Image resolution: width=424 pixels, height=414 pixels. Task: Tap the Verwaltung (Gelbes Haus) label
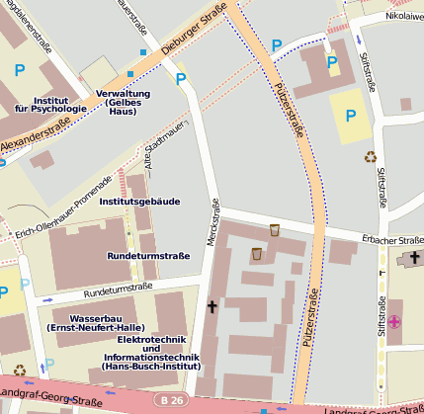point(129,102)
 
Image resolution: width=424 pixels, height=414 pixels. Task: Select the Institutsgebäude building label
point(139,201)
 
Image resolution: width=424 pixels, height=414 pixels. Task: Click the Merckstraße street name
point(212,221)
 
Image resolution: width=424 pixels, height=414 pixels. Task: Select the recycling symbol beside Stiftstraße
point(371,155)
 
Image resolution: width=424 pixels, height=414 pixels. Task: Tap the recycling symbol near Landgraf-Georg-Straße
point(19,371)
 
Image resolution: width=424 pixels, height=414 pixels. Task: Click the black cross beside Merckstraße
point(211,307)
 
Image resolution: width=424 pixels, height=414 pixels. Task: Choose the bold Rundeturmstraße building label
point(148,256)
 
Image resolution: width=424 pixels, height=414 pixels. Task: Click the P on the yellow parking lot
point(347,115)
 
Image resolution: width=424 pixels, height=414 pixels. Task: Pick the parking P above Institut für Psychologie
point(21,70)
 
